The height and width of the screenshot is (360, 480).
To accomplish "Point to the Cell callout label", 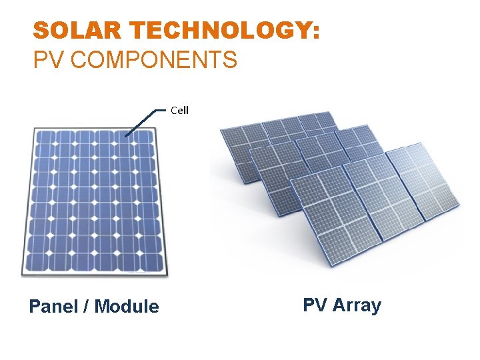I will coord(179,110).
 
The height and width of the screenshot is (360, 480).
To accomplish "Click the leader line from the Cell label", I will coord(144,121).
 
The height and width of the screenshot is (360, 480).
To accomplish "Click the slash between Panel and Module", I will coord(87,307).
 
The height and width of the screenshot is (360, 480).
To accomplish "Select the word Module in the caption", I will coord(127,307).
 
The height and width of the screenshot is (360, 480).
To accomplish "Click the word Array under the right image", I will coord(357,305).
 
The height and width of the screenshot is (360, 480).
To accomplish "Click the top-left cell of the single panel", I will coord(46,139).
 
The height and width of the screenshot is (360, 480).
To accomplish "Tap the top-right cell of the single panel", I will coord(145,139).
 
